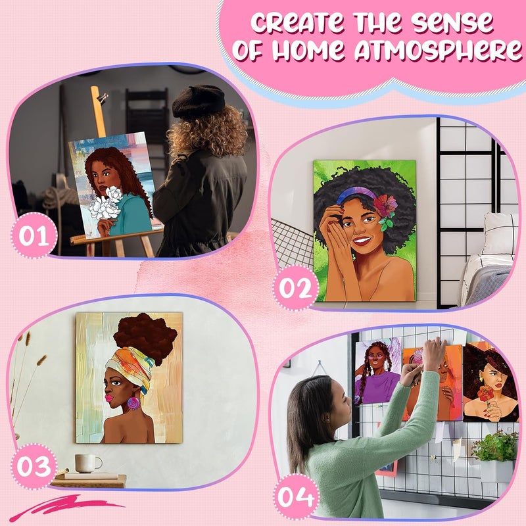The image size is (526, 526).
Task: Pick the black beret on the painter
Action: coord(198,101)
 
